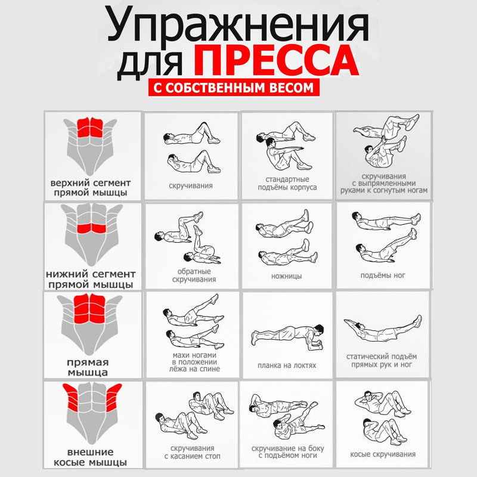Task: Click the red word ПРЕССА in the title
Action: pyautogui.click(x=276, y=60)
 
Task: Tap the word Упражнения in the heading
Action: pyautogui.click(x=237, y=27)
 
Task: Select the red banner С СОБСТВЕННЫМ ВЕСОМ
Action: pyautogui.click(x=234, y=88)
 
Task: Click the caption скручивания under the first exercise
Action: pyautogui.click(x=191, y=185)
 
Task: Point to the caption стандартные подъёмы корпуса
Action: pyautogui.click(x=287, y=184)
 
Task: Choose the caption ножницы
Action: pyautogui.click(x=287, y=276)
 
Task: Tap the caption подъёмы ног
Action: pyautogui.click(x=383, y=275)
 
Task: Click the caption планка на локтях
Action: pyautogui.click(x=287, y=366)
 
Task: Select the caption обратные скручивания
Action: pyautogui.click(x=194, y=275)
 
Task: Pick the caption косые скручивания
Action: pyautogui.click(x=383, y=454)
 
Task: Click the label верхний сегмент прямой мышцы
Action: pyautogui.click(x=91, y=188)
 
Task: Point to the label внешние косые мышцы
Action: pyautogui.click(x=91, y=457)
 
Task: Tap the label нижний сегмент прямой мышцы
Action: pyautogui.click(x=91, y=279)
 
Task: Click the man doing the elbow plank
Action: pyautogui.click(x=287, y=337)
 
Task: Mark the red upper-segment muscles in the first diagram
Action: pyautogui.click(x=90, y=128)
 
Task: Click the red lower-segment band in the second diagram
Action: pyautogui.click(x=91, y=228)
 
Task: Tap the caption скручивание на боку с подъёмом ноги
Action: pyautogui.click(x=287, y=452)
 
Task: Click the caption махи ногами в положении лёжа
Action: pyautogui.click(x=194, y=362)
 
